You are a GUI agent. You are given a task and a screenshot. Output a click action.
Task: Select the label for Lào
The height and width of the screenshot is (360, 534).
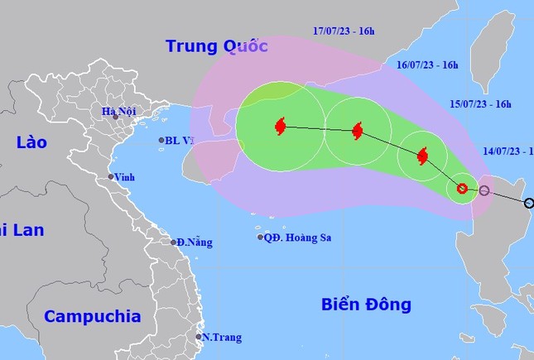[x=31, y=143]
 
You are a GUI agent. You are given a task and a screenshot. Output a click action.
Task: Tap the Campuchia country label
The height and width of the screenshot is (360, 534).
[x=93, y=315]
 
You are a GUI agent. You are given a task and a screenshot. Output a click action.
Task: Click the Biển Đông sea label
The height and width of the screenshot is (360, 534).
[x=365, y=305]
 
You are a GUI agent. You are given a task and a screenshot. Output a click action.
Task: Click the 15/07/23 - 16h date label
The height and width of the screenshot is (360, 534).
[x=480, y=104]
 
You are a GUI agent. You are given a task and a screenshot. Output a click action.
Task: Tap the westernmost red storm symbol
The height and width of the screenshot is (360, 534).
[x=279, y=127]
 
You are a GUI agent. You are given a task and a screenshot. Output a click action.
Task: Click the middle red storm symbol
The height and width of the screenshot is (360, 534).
[x=357, y=131]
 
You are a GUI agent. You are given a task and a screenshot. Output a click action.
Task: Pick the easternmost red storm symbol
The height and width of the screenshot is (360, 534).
[x=422, y=156]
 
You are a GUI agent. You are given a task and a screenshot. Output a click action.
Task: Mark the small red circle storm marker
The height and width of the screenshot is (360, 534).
[x=462, y=189]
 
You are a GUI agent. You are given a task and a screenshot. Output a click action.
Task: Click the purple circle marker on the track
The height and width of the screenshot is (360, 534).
[x=484, y=191]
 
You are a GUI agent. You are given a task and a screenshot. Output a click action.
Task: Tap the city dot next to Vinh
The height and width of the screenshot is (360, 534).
[x=110, y=177]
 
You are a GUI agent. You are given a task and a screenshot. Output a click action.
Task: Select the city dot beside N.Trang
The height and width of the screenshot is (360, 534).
[x=199, y=337]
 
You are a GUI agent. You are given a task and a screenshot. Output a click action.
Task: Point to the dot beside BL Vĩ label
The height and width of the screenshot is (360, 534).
[x=161, y=141]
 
